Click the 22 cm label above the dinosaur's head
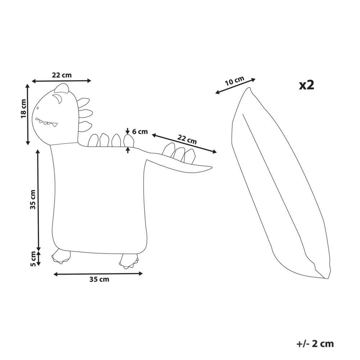(x=62, y=75)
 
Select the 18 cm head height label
(x=23, y=109)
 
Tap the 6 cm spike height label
(x=140, y=132)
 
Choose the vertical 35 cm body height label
(x=33, y=199)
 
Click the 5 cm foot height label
(x=33, y=259)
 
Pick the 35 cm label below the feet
(x=99, y=279)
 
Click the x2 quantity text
(x=306, y=85)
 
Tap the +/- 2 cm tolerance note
(x=315, y=344)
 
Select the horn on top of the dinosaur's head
(x=62, y=88)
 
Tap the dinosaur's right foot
(x=129, y=261)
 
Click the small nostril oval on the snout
(x=37, y=108)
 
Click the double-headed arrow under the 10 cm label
(x=235, y=86)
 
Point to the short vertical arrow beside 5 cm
(x=39, y=258)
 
